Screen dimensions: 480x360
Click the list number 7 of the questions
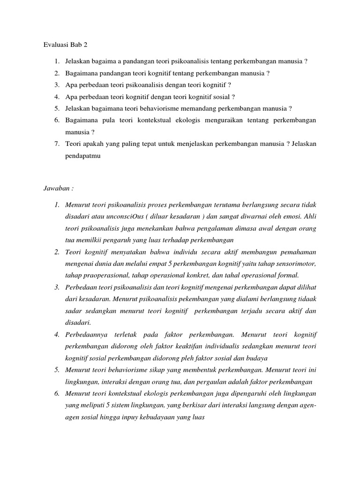(56, 144)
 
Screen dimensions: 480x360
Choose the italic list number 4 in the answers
(56, 335)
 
